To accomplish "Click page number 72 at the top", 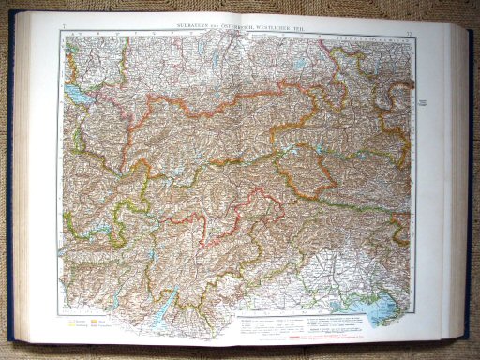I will [x=411, y=34].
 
